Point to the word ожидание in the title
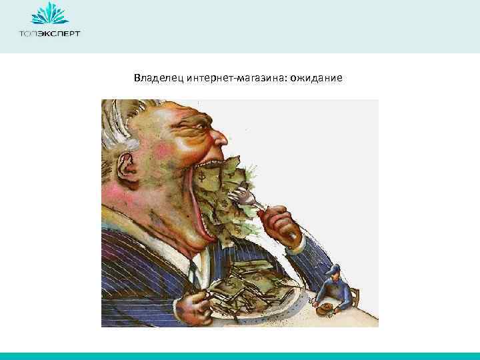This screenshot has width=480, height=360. pyautogui.click(x=313, y=79)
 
